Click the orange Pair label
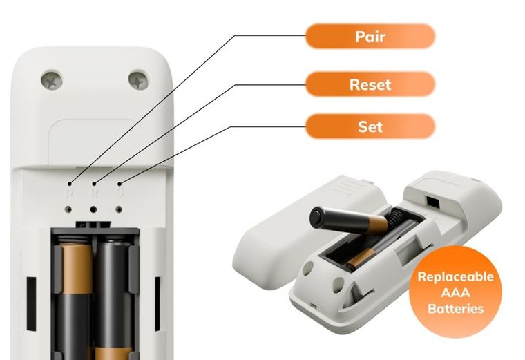click(370, 36)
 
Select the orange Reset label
click(370, 84)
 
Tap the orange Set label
click(370, 126)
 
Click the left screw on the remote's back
click(52, 81)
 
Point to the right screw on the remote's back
click(139, 79)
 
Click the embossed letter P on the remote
click(69, 193)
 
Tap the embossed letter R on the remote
click(94, 193)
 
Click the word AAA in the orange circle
click(455, 293)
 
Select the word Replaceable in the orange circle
click(455, 276)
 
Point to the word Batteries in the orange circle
click(456, 308)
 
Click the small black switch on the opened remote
click(432, 202)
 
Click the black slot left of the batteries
click(31, 304)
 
